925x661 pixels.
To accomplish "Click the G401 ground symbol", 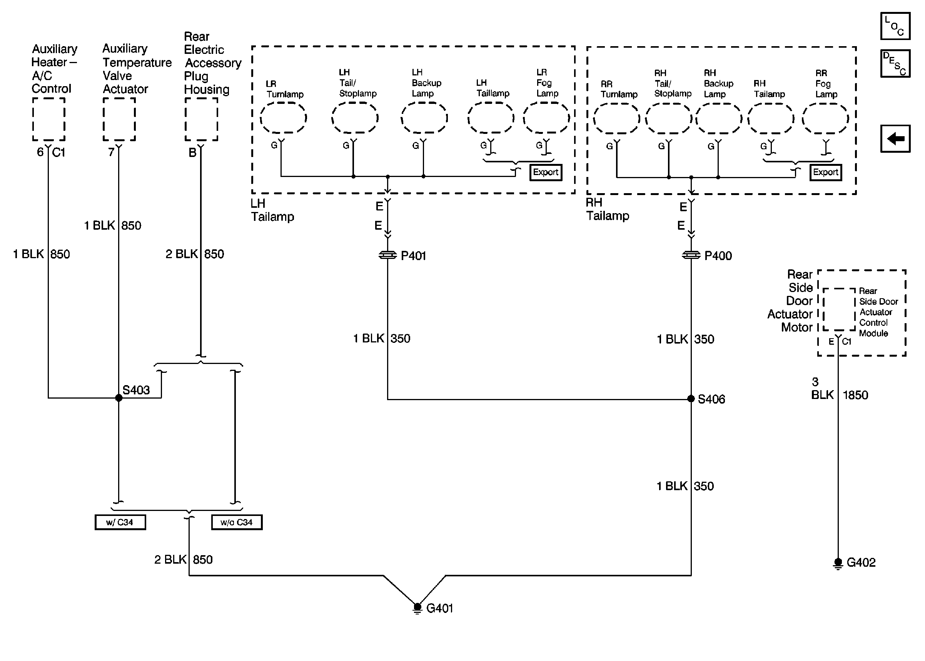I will click(417, 608).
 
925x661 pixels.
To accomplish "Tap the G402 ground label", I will click(861, 563).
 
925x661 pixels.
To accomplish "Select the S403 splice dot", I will click(119, 398).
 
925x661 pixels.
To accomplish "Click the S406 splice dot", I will click(691, 399).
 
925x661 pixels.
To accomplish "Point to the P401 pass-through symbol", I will click(387, 255).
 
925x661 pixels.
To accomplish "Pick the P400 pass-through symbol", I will click(691, 255).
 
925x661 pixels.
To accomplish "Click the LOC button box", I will click(895, 26).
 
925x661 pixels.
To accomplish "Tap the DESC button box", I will click(895, 63).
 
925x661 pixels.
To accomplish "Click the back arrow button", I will click(895, 139).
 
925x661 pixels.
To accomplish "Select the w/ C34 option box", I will click(120, 522).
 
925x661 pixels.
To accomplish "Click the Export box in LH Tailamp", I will click(545, 172).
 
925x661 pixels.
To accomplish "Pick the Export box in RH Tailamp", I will click(825, 172).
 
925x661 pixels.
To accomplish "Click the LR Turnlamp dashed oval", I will click(283, 118).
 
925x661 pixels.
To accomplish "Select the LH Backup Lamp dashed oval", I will click(424, 118).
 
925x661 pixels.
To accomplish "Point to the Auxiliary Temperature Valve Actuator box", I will click(119, 119).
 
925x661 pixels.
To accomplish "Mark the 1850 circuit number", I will click(855, 395).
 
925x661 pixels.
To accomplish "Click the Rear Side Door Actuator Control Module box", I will click(839, 310).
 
